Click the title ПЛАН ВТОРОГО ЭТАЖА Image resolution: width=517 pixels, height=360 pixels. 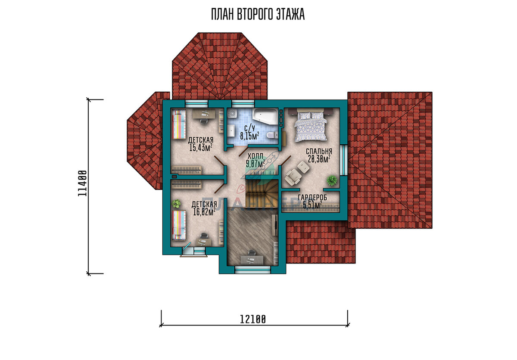(258, 14)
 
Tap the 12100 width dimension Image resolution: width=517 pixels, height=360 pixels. (253, 320)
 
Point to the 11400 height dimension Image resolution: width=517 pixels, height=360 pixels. (82, 183)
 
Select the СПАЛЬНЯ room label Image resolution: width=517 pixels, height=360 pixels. (319, 151)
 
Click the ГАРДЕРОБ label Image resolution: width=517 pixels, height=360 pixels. (312, 198)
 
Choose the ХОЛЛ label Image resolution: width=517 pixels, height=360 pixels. (255, 156)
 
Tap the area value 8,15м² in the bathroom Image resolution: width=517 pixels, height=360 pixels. (249, 136)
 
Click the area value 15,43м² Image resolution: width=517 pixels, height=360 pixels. (201, 148)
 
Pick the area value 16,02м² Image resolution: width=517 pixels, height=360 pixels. (204, 212)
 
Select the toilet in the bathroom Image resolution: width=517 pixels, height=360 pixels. (272, 135)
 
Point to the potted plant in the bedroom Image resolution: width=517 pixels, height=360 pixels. (332, 180)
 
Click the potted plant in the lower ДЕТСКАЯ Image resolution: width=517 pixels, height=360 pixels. (177, 204)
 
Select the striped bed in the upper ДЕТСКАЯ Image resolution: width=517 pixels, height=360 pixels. (179, 124)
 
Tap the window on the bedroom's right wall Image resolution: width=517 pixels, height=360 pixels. (343, 160)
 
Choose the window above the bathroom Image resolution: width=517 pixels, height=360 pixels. (243, 103)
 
